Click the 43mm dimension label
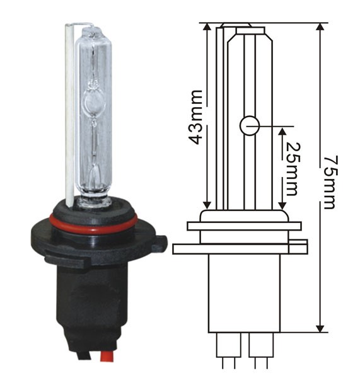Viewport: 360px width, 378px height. (x=197, y=117)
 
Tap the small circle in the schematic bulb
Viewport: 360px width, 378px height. (x=249, y=125)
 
